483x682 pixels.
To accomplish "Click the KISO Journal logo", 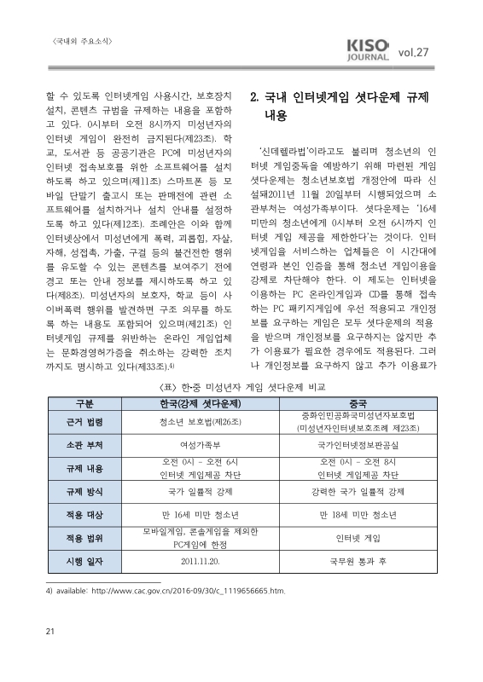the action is pyautogui.click(x=369, y=51).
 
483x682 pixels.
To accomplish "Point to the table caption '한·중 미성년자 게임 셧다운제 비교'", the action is pyautogui.click(x=241, y=385).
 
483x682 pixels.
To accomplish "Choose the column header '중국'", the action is pyautogui.click(x=358, y=402).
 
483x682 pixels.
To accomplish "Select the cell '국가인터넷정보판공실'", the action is pyautogui.click(x=358, y=445).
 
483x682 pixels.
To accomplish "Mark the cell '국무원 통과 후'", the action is pyautogui.click(x=358, y=563).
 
